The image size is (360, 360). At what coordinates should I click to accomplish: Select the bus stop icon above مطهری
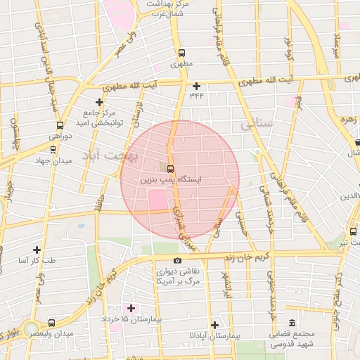181,53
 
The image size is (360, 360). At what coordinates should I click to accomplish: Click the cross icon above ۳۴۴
196,85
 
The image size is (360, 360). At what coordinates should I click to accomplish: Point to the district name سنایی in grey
255,124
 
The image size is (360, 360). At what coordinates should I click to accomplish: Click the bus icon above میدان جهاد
53,149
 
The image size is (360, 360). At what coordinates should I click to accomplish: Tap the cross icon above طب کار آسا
37,249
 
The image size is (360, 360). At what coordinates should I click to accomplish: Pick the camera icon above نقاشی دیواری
176,261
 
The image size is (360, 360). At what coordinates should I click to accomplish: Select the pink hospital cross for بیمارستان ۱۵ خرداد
131,308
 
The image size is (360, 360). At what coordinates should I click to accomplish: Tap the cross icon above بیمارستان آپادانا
215,325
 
